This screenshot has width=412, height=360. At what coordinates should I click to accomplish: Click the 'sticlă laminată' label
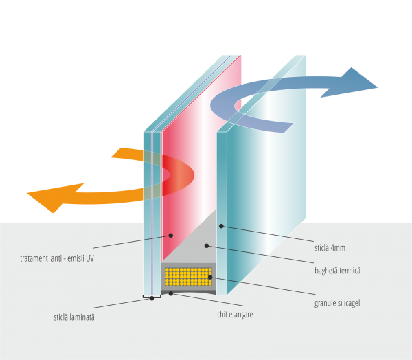73,317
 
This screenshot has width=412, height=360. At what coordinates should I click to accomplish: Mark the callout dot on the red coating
172,235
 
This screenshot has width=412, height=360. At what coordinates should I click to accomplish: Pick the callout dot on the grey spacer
206,245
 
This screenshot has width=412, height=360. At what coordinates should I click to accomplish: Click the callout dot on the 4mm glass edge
221,225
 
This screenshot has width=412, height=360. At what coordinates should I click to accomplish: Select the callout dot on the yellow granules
209,277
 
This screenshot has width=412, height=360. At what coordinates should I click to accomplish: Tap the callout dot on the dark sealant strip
171,293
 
